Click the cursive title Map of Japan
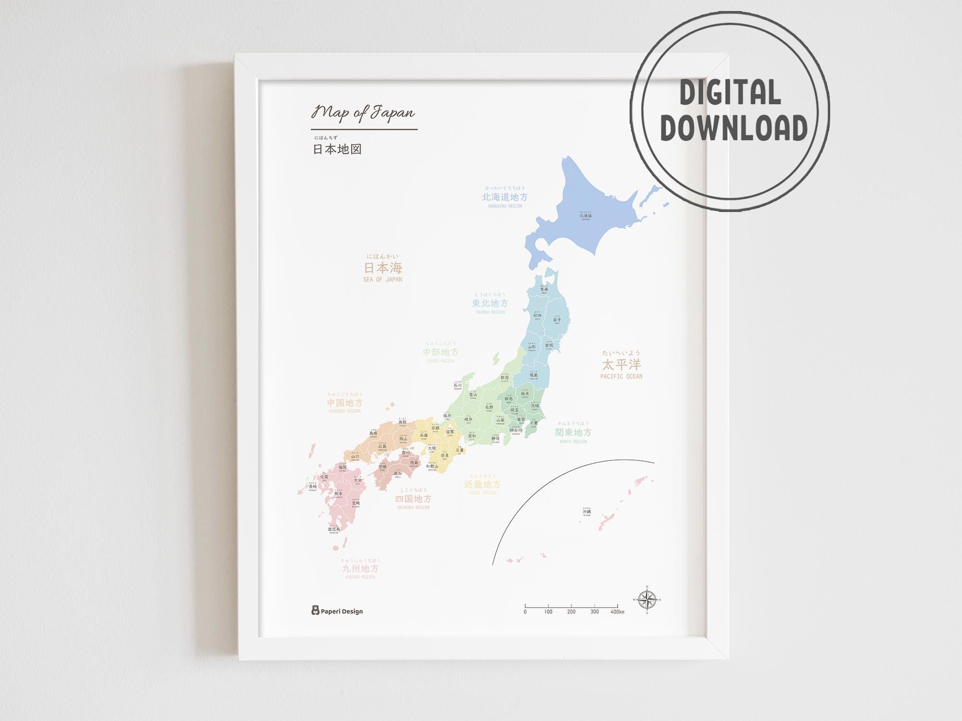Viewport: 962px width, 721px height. pyautogui.click(x=363, y=112)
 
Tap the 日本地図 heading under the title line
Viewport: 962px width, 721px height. pyautogui.click(x=337, y=149)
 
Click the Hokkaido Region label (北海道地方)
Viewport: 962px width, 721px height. pyautogui.click(x=505, y=197)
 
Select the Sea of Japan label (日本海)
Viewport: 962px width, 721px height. pyautogui.click(x=383, y=268)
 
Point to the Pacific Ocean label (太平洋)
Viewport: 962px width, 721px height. pyautogui.click(x=621, y=364)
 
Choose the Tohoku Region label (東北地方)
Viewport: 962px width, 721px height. pyautogui.click(x=490, y=303)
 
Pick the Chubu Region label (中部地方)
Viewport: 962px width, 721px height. pyautogui.click(x=441, y=352)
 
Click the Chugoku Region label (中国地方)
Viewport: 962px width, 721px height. pyautogui.click(x=344, y=403)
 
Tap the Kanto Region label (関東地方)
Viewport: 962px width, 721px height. pyautogui.click(x=573, y=433)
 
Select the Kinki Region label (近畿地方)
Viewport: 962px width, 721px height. pyautogui.click(x=482, y=484)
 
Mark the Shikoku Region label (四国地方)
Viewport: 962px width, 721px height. pyautogui.click(x=413, y=499)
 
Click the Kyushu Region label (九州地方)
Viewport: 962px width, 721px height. pyautogui.click(x=360, y=568)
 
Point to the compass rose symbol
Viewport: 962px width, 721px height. pyautogui.click(x=647, y=600)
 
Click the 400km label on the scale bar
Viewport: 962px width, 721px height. pyautogui.click(x=617, y=612)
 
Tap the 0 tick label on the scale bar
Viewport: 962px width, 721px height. pyautogui.click(x=525, y=612)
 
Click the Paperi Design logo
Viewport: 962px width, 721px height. pyautogui.click(x=337, y=611)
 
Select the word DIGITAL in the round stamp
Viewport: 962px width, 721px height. pyautogui.click(x=730, y=93)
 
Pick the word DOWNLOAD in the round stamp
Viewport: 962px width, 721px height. pyautogui.click(x=734, y=128)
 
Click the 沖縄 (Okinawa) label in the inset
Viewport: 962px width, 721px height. pyautogui.click(x=586, y=512)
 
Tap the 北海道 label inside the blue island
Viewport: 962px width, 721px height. pyautogui.click(x=585, y=216)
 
